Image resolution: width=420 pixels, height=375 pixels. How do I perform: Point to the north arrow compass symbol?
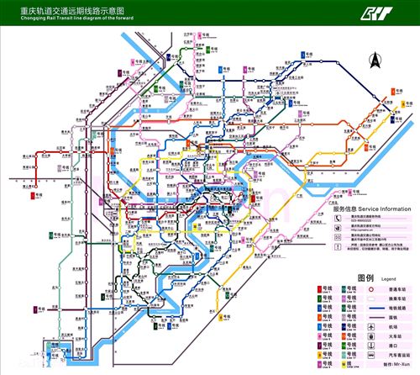(375, 61)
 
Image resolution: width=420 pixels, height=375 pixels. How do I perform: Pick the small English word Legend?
(388, 278)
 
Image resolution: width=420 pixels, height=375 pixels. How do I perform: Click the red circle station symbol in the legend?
(372, 288)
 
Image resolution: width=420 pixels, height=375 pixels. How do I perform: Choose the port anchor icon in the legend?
(372, 345)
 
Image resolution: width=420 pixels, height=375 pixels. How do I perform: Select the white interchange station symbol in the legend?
(372, 299)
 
